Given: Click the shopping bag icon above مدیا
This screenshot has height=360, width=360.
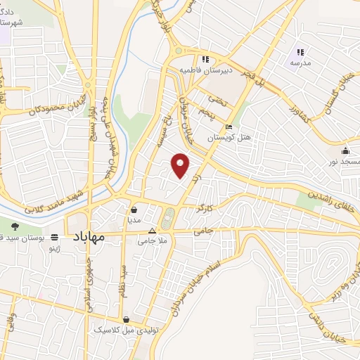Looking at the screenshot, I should (x=134, y=209).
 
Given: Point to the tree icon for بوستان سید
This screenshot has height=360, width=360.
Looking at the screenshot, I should (x=15, y=226).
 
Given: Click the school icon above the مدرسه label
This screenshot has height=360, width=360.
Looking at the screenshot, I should (x=300, y=51).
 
